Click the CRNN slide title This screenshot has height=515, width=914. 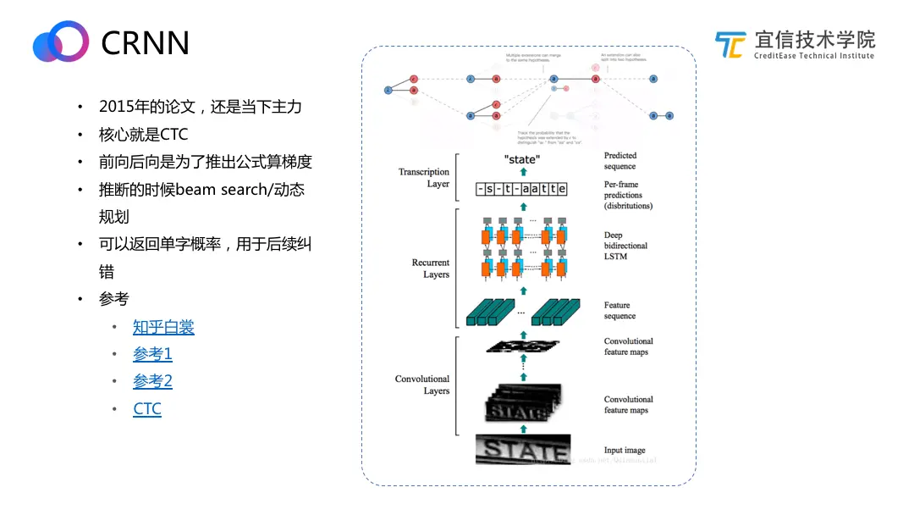(x=145, y=42)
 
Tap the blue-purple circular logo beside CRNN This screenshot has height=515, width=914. (x=61, y=42)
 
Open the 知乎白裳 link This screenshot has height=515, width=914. (x=163, y=327)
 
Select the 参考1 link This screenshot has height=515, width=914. (x=152, y=354)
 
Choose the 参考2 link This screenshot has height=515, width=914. (x=152, y=381)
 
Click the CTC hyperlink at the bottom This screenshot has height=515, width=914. (x=147, y=409)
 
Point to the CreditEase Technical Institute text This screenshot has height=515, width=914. (x=813, y=56)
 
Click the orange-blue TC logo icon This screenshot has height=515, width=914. (x=730, y=45)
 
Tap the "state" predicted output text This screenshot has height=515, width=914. (x=521, y=159)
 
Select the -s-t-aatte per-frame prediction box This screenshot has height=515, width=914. (x=521, y=190)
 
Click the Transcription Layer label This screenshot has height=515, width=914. (x=424, y=178)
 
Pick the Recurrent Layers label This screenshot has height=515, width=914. (x=431, y=269)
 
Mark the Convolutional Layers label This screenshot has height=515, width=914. (x=422, y=385)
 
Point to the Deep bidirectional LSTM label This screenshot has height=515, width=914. (x=626, y=246)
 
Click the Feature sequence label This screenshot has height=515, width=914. (x=619, y=310)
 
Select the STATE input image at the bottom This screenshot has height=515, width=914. (x=522, y=450)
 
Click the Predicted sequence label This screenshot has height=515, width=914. (x=620, y=161)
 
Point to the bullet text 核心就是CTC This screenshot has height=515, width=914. (x=143, y=135)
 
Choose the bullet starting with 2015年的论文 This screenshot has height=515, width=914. (x=200, y=107)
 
